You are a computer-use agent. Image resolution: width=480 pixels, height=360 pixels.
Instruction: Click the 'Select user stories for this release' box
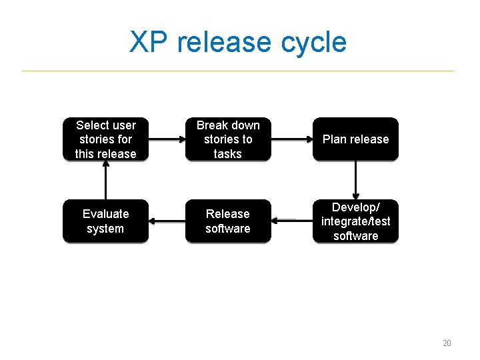tap(105, 139)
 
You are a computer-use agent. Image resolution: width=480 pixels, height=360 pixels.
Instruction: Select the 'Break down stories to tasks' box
tap(228, 139)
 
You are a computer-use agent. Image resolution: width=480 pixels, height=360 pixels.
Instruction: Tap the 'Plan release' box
tap(355, 139)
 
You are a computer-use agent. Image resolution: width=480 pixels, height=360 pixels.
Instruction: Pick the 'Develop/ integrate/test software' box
tap(355, 221)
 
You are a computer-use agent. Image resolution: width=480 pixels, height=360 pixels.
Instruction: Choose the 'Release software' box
tap(228, 221)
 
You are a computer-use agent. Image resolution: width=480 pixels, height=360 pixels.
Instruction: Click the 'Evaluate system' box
tap(105, 221)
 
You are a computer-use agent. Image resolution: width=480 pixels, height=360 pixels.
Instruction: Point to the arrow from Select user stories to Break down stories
tap(167, 139)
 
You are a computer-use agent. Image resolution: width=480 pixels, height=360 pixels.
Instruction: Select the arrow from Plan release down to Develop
tap(355, 180)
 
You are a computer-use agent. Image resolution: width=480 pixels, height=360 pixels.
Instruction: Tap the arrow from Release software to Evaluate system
tap(167, 220)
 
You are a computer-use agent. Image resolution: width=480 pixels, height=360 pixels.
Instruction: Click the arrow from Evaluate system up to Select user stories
tap(105, 180)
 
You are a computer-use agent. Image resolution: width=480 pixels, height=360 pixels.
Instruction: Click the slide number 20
tap(447, 343)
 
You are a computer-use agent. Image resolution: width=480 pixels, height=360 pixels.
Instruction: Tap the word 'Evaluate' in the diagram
tap(105, 214)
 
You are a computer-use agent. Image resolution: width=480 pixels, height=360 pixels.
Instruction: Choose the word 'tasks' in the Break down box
tap(228, 154)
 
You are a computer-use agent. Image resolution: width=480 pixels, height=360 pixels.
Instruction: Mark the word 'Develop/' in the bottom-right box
tap(355, 207)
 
